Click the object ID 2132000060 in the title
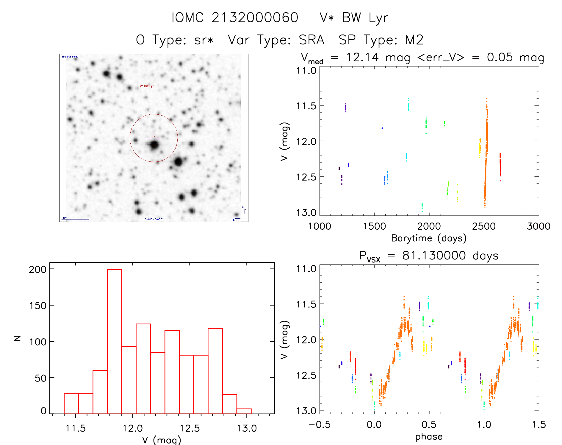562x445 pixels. pyautogui.click(x=255, y=18)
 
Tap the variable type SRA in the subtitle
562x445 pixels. pyautogui.click(x=311, y=40)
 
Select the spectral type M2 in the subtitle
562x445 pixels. pyautogui.click(x=414, y=40)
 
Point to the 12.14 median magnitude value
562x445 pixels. pyautogui.click(x=362, y=57)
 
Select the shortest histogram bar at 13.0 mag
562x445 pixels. pyautogui.click(x=244, y=411)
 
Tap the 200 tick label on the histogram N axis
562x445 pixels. pyautogui.click(x=38, y=270)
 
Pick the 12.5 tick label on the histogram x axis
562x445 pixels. pyautogui.click(x=190, y=428)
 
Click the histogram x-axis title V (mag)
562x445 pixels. pyautogui.click(x=162, y=440)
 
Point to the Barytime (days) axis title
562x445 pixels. pyautogui.click(x=429, y=238)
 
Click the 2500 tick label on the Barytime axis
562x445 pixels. pyautogui.click(x=484, y=226)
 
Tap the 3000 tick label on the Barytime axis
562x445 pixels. pyautogui.click(x=538, y=226)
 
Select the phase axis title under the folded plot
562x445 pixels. pyautogui.click(x=429, y=437)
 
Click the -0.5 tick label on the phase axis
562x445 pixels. pyautogui.click(x=320, y=425)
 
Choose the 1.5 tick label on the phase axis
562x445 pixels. pyautogui.click(x=539, y=425)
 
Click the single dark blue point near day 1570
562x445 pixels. pyautogui.click(x=382, y=128)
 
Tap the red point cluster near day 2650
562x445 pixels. pyautogui.click(x=500, y=166)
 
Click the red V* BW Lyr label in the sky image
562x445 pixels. pyautogui.click(x=147, y=86)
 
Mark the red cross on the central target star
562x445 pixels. pyautogui.click(x=154, y=145)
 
